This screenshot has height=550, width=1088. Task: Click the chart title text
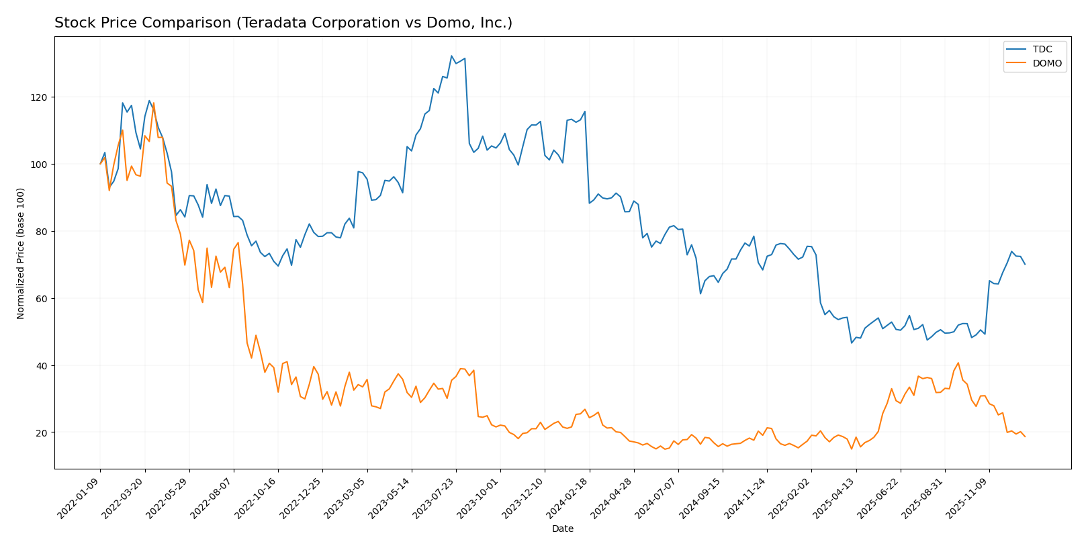[283, 23]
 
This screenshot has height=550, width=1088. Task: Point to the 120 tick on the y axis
[42, 97]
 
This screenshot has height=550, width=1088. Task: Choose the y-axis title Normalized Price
[21, 253]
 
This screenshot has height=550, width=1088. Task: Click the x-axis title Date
[562, 529]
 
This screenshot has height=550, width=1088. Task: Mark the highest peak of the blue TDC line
[451, 56]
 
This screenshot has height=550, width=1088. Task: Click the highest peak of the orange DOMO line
[154, 103]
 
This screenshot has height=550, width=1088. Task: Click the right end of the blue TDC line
[1025, 264]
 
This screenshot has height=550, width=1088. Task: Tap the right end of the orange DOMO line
[1025, 437]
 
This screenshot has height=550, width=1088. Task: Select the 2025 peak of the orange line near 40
[958, 363]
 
